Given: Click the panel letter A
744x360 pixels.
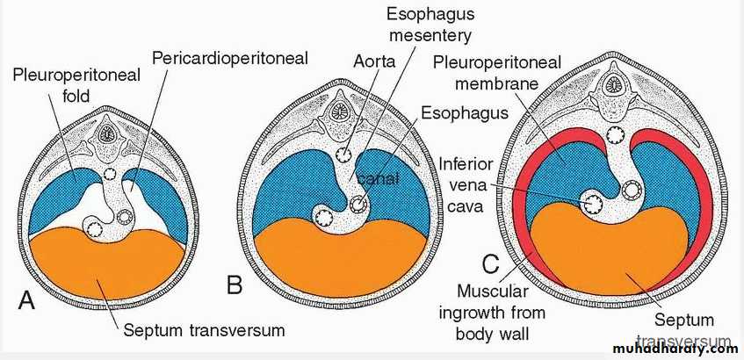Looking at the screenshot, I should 27,300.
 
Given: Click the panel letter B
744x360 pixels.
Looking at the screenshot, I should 234,285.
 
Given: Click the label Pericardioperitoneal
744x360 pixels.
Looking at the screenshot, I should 231,59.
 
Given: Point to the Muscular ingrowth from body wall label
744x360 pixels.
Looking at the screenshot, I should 502,313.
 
